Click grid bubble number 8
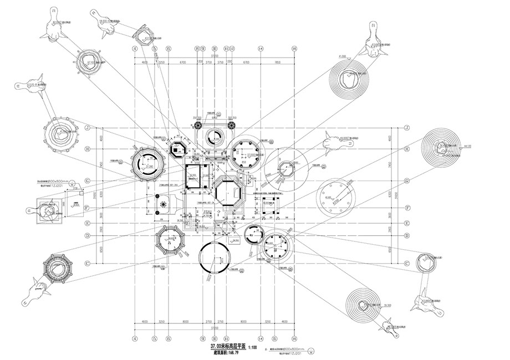pos(196,48)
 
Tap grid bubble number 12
pos(227,48)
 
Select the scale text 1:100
pos(251,346)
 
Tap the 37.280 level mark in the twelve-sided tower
pos(148,166)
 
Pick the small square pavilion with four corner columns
pos(271,203)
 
